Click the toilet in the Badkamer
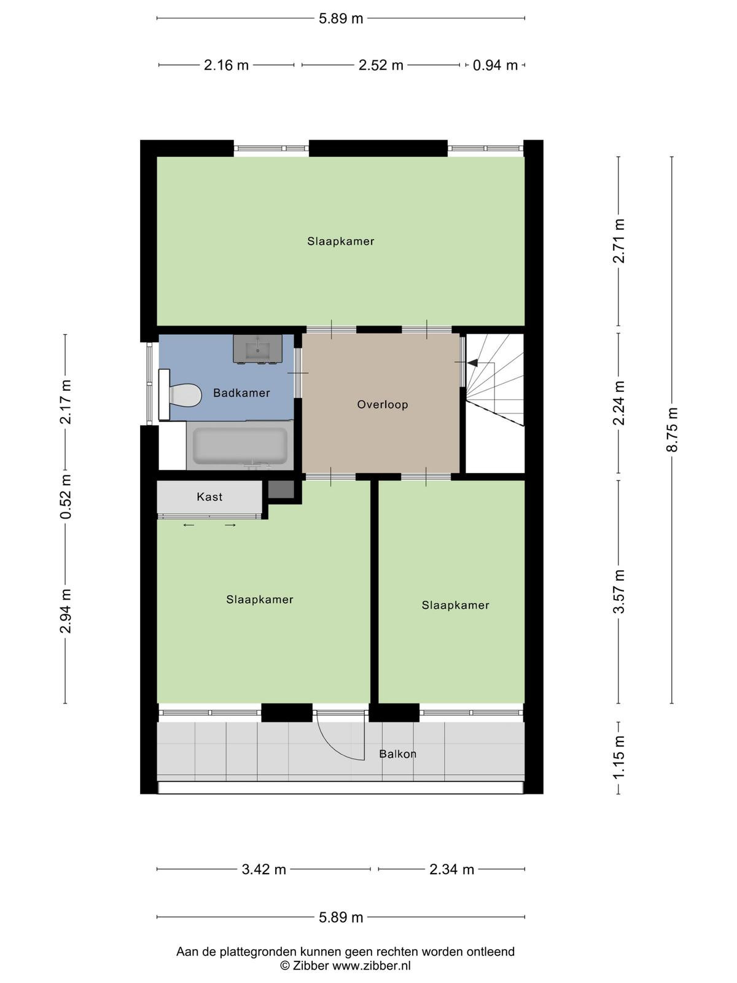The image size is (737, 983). pyautogui.click(x=180, y=395)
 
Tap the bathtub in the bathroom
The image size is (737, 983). pyautogui.click(x=240, y=446)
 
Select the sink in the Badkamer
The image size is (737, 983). pyautogui.click(x=257, y=348)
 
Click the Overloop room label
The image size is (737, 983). pyautogui.click(x=383, y=405)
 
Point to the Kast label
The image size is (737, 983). pyautogui.click(x=209, y=496)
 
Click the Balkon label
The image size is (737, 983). pyautogui.click(x=398, y=754)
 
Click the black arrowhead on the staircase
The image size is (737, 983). pyautogui.click(x=472, y=362)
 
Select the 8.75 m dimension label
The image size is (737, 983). pyautogui.click(x=672, y=429)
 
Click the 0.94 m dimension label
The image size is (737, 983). pyautogui.click(x=496, y=65)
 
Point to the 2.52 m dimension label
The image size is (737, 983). pyautogui.click(x=381, y=65)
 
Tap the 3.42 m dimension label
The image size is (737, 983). pyautogui.click(x=263, y=870)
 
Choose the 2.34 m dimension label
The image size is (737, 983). pyautogui.click(x=451, y=870)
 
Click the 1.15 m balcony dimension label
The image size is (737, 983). pyautogui.click(x=618, y=758)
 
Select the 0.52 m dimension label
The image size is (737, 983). pyautogui.click(x=66, y=496)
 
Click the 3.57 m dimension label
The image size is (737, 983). pyautogui.click(x=618, y=591)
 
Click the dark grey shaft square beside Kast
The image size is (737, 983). pyautogui.click(x=281, y=489)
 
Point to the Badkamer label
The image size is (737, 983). pyautogui.click(x=241, y=393)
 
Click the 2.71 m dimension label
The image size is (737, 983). pyautogui.click(x=618, y=240)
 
